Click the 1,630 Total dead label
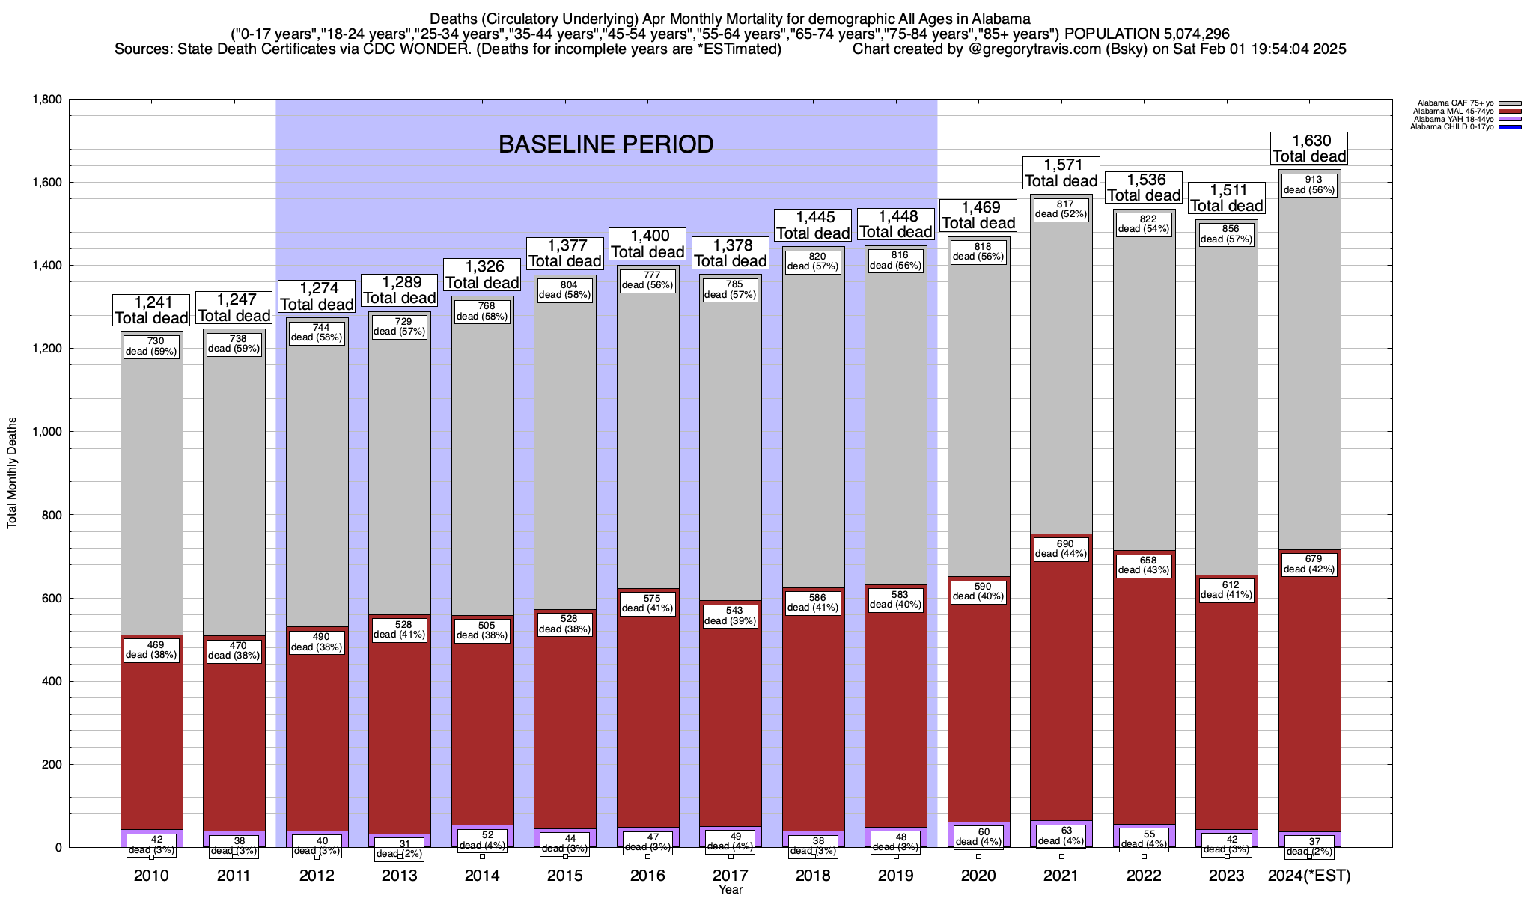(x=1309, y=148)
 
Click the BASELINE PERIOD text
(x=606, y=144)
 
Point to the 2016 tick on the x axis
(x=647, y=875)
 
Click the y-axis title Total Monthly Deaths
(x=12, y=473)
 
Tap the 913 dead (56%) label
(x=1309, y=185)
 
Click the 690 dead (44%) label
(x=1061, y=549)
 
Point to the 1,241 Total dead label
(x=151, y=310)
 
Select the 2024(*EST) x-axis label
(x=1309, y=875)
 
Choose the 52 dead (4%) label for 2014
(x=482, y=840)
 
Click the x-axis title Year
(x=730, y=889)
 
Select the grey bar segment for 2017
(x=730, y=449)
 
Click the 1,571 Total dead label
(x=1061, y=173)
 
